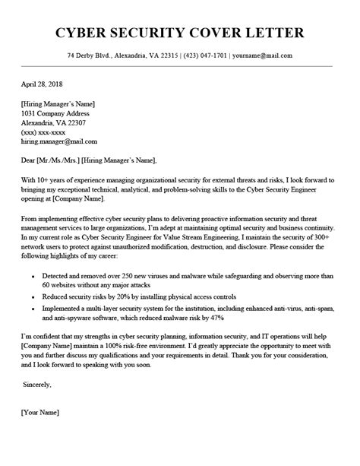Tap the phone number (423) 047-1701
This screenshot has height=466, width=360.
tap(207, 55)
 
